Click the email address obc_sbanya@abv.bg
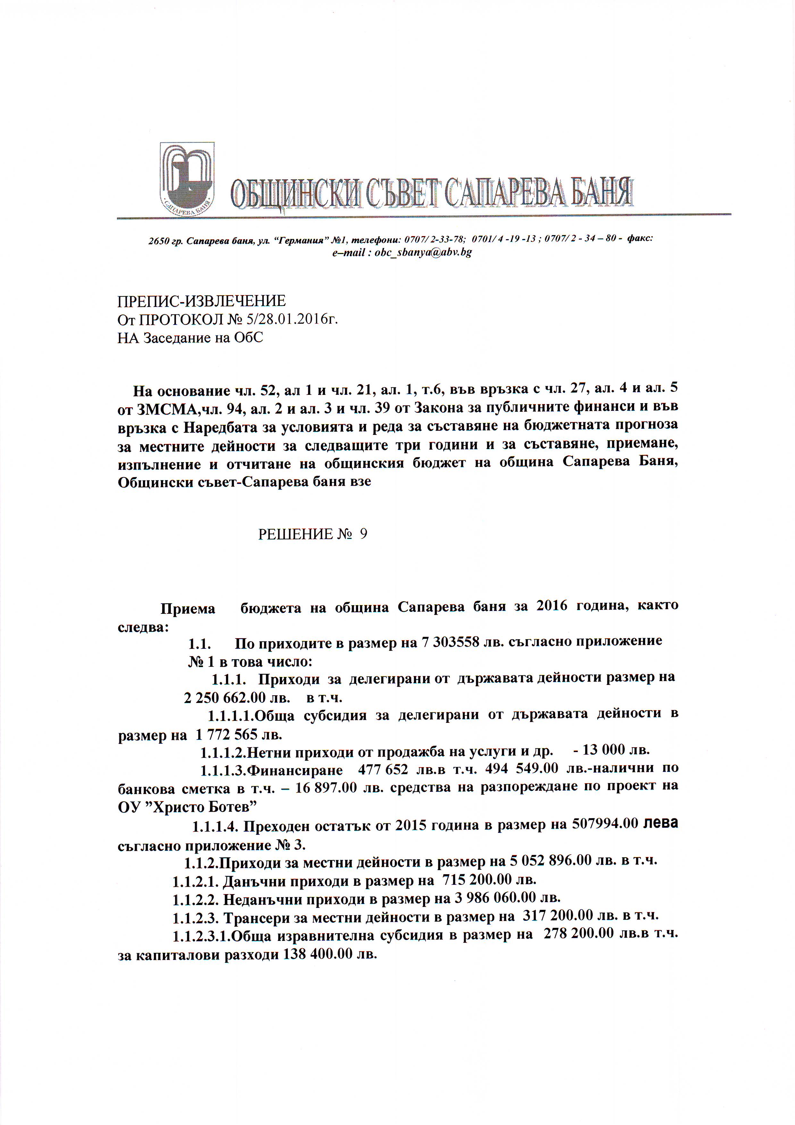point(423,253)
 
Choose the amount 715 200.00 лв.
point(489,880)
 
